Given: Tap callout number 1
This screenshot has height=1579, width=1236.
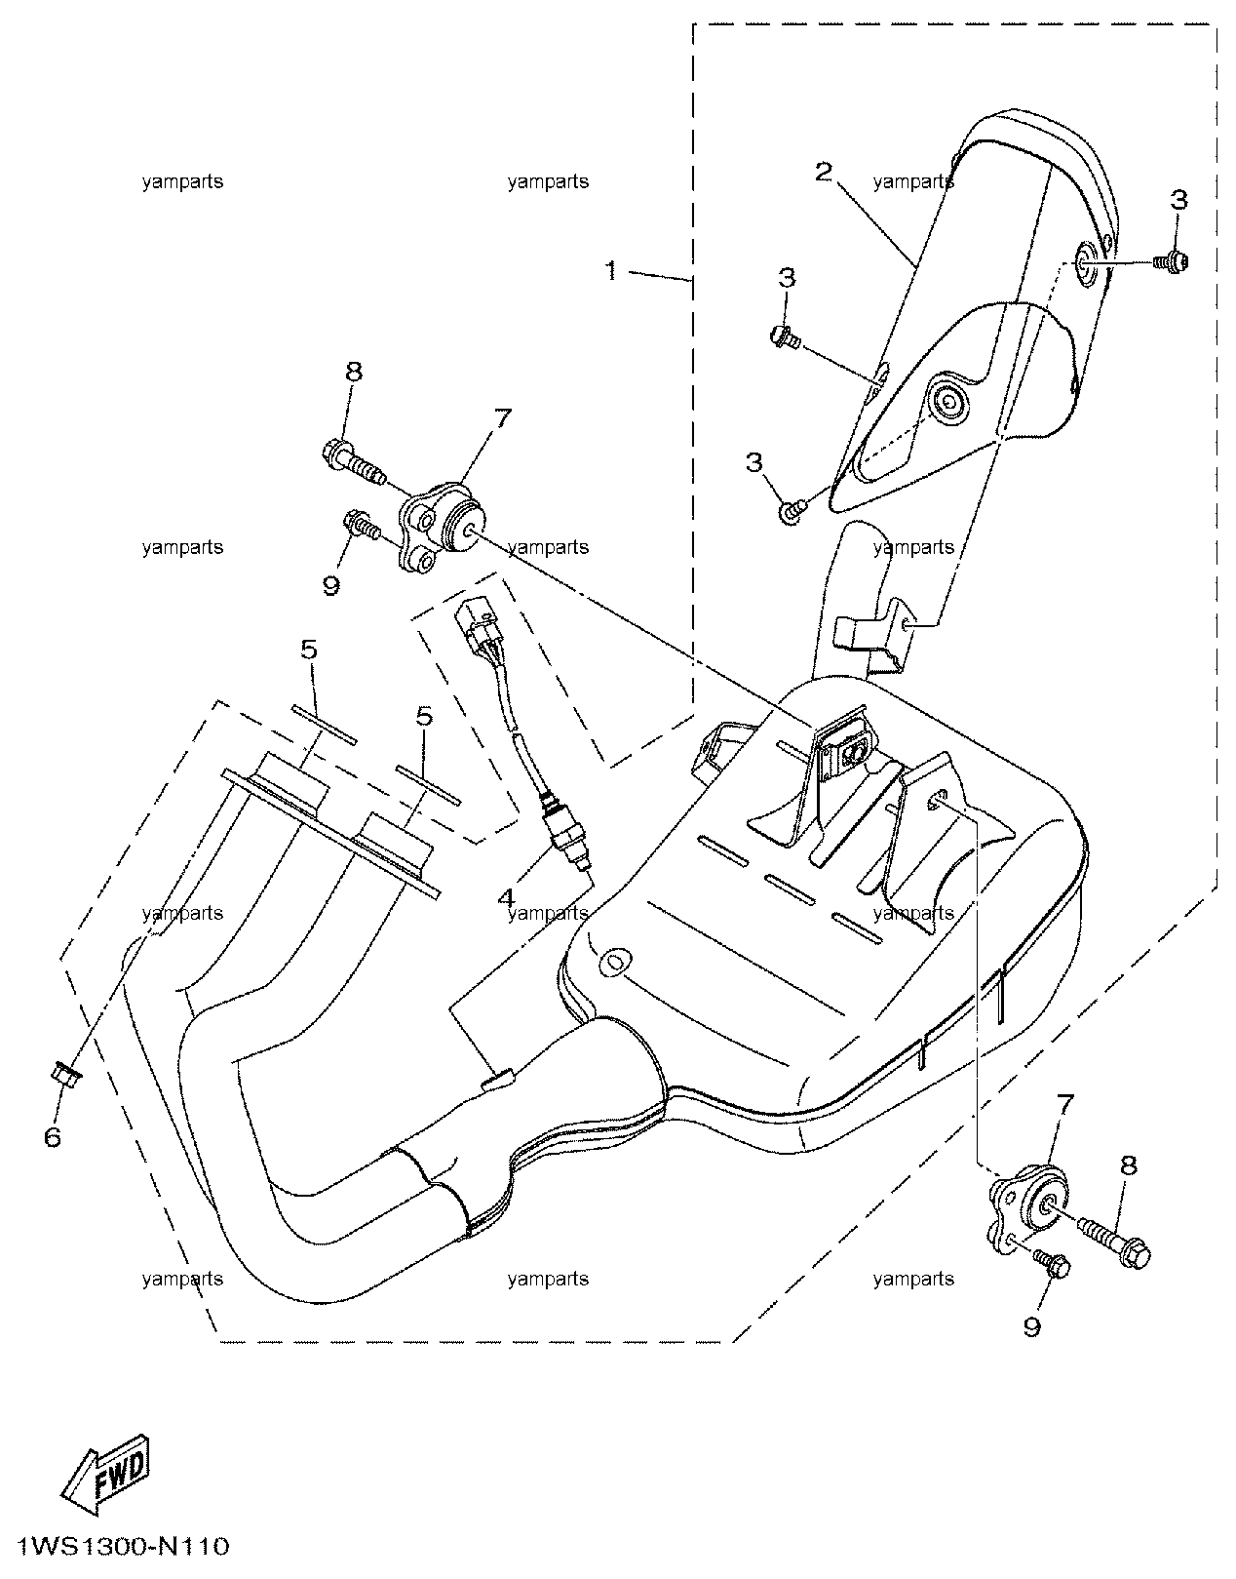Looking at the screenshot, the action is click(611, 271).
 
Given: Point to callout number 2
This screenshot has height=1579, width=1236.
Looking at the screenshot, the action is click(823, 173).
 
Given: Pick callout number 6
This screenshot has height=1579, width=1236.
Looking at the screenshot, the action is click(53, 1137).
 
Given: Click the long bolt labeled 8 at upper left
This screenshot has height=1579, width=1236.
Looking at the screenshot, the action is click(352, 464).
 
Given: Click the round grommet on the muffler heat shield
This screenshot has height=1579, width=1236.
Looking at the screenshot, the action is click(947, 399).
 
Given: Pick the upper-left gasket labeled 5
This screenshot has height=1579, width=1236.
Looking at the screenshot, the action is click(325, 725).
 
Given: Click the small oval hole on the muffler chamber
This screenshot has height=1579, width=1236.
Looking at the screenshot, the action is click(611, 964).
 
